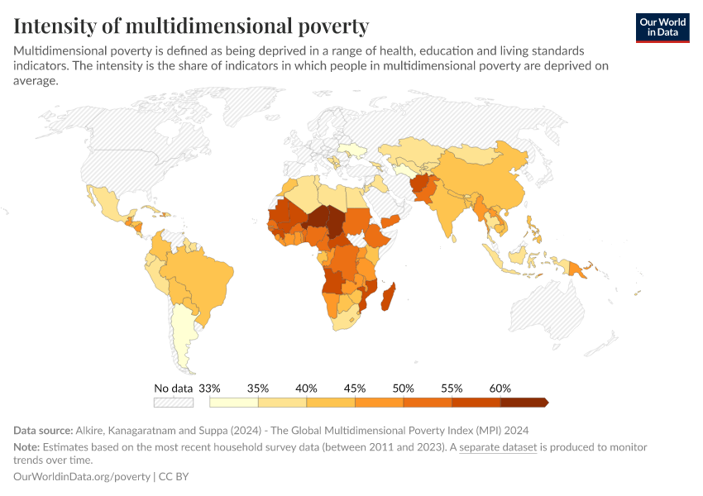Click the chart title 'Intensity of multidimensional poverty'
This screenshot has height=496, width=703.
coord(191,26)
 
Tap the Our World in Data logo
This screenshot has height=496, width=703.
coord(662,27)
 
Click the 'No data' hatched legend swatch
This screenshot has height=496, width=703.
coord(174,403)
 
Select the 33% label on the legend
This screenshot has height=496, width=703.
coord(209,388)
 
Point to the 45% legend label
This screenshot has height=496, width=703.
coord(355,388)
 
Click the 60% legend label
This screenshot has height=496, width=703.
coord(500,388)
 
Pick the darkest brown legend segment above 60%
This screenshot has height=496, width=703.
coord(523,403)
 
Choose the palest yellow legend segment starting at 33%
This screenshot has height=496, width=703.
coord(234,403)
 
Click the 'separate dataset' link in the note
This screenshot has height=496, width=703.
coord(498,447)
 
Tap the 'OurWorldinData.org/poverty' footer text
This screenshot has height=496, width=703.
coord(82,477)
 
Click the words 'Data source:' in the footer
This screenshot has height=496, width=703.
coord(42,431)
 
